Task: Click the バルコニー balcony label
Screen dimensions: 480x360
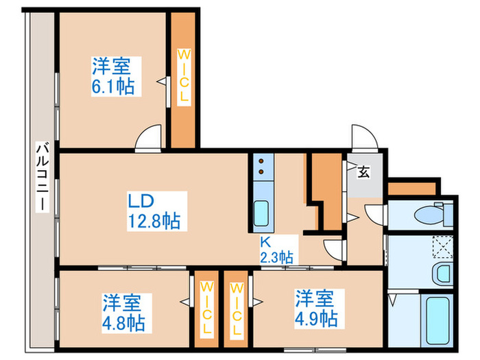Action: (43, 177)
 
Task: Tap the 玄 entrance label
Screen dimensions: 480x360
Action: (363, 172)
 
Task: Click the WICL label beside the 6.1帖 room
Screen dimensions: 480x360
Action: (184, 77)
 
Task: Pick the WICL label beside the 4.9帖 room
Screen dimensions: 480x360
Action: (237, 309)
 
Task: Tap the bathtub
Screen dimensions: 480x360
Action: (437, 320)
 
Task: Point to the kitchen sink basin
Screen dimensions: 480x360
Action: (261, 213)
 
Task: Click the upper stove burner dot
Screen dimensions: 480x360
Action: (261, 161)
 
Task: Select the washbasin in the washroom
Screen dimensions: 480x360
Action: (443, 274)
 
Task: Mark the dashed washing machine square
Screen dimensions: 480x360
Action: (443, 247)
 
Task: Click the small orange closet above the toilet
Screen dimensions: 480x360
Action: (411, 189)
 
